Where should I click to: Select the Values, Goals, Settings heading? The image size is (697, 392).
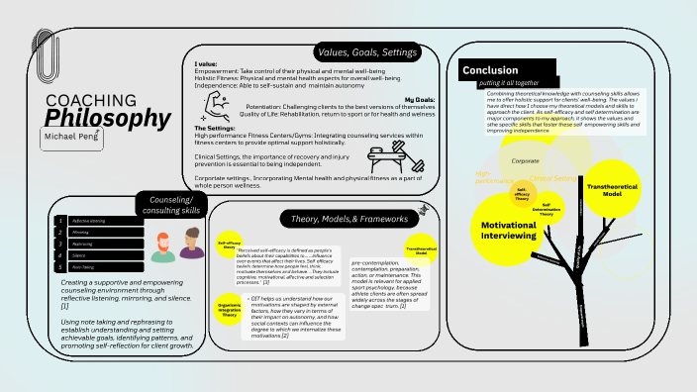click(x=366, y=51)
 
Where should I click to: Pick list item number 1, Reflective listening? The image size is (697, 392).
click(x=87, y=220)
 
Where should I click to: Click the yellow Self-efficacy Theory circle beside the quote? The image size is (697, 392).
click(x=230, y=244)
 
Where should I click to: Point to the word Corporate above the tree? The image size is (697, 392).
click(x=525, y=159)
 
